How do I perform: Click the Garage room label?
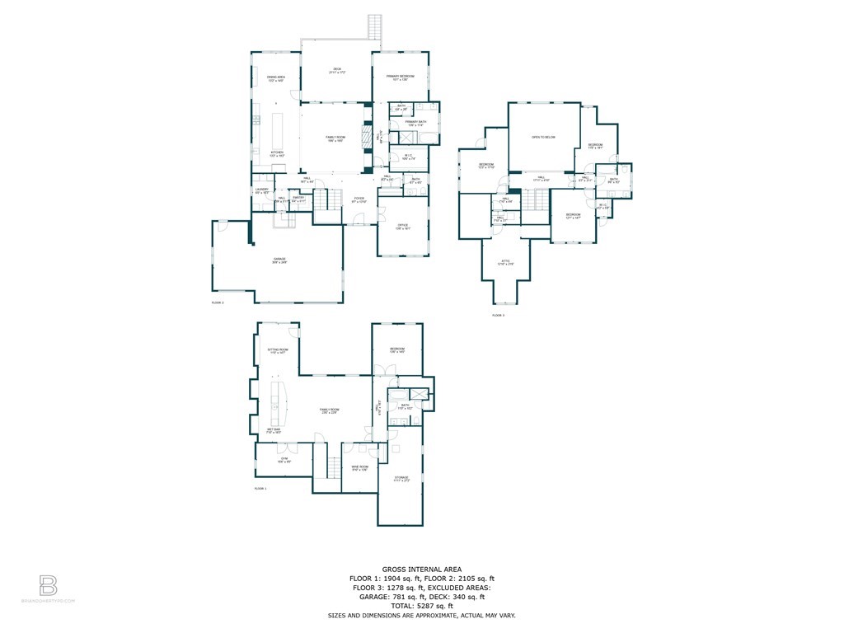click(x=280, y=260)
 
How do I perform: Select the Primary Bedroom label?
click(x=401, y=77)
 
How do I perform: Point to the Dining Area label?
click(x=276, y=78)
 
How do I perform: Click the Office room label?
click(x=403, y=227)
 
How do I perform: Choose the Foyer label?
click(x=359, y=199)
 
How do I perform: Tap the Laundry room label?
click(x=261, y=190)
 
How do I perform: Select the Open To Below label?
click(x=542, y=137)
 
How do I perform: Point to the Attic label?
click(x=507, y=263)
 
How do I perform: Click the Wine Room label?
click(x=359, y=468)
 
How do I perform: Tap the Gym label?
click(x=284, y=460)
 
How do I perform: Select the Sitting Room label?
click(x=279, y=351)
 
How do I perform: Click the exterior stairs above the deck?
click(x=375, y=26)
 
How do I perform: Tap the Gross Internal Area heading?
click(x=421, y=569)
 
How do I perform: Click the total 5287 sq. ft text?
click(x=421, y=606)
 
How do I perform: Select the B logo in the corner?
click(x=49, y=586)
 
